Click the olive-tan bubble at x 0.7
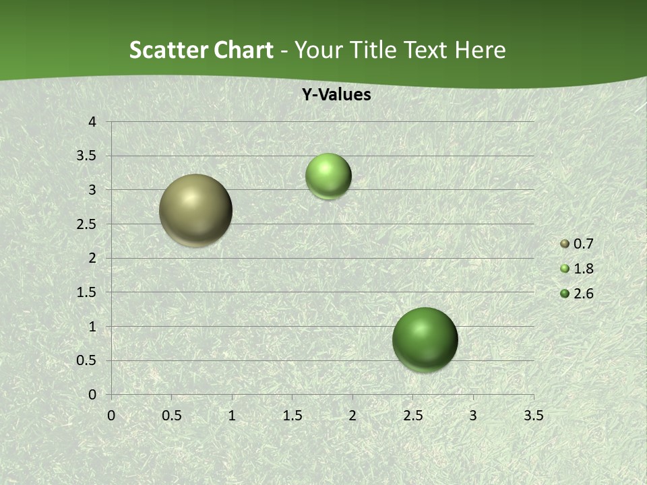[195, 210]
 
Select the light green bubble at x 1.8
[328, 176]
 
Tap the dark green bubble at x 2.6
[425, 339]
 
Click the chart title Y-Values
[336, 95]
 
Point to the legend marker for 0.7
[565, 244]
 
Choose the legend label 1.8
[583, 269]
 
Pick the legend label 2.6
[583, 294]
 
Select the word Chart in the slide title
[241, 50]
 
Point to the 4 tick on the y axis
[92, 122]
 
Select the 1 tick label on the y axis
[92, 327]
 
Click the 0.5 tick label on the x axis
[171, 416]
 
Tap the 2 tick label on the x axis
[352, 416]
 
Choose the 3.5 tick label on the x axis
[533, 416]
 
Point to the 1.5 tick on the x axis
[292, 416]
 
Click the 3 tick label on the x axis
[472, 416]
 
